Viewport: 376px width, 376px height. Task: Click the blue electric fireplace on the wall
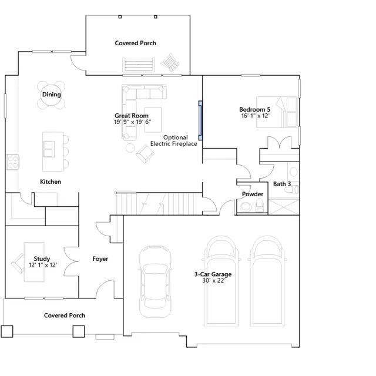pos(200,120)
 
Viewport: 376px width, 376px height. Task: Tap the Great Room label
pos(132,116)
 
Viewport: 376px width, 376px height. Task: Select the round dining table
pos(51,95)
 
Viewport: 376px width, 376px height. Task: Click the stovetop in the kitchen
pos(13,162)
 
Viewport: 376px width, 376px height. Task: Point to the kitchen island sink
pos(48,149)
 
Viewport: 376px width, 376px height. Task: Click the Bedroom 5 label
pos(254,109)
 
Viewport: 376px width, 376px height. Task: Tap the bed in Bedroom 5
pos(277,112)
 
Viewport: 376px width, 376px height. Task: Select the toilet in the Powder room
pos(260,205)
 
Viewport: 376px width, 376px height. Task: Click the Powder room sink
pos(246,207)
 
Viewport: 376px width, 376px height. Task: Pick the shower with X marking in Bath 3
pos(284,206)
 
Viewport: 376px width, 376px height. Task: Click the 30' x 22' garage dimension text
pos(213,281)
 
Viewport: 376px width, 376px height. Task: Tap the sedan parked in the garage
pos(155,281)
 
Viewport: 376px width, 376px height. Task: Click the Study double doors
pos(71,261)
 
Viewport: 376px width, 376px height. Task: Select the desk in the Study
pos(34,262)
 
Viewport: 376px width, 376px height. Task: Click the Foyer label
pos(100,258)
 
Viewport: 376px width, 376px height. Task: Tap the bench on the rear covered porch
pos(139,65)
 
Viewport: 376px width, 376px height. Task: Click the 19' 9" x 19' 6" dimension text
pos(132,122)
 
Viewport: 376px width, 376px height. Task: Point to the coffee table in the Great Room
pos(153,120)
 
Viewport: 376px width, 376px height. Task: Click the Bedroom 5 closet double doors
pos(280,142)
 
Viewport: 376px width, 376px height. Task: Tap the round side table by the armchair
pos(130,148)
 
